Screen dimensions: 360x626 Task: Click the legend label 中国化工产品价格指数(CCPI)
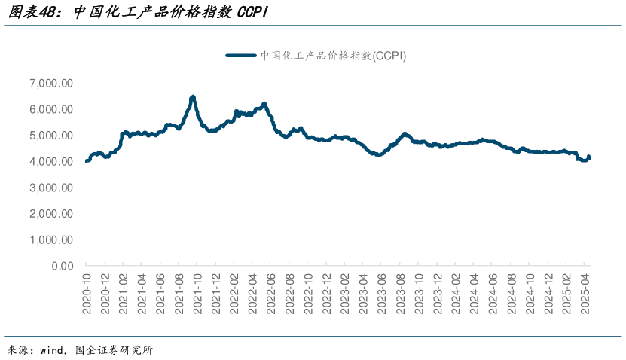pos(333,55)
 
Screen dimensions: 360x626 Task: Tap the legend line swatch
pos(241,55)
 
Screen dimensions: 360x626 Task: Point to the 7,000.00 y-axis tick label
pos(51,83)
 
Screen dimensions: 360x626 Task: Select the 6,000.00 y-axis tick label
pos(51,109)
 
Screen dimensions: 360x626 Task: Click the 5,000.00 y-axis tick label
pos(51,136)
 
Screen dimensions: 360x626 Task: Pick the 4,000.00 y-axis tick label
pos(51,161)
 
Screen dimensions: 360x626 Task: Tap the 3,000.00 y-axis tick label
pos(51,188)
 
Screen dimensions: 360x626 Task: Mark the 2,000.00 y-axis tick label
pos(51,214)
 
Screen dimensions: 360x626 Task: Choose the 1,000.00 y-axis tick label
pos(51,239)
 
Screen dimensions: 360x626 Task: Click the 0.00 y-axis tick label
pos(62,266)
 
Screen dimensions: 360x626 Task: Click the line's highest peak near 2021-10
pos(193,97)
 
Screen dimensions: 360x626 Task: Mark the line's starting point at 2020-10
pos(87,160)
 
